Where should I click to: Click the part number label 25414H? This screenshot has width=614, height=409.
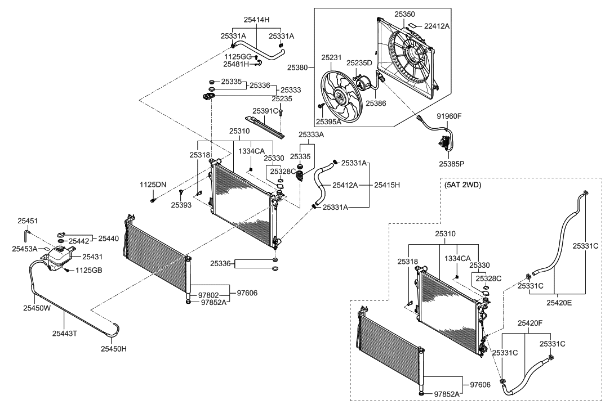point(257,19)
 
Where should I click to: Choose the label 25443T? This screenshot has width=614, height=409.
point(65,333)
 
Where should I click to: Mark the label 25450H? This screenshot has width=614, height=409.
point(114,349)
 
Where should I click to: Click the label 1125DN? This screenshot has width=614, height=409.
point(153,185)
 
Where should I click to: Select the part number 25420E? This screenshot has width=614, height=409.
point(559,303)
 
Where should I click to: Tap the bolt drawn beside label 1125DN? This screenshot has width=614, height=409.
point(153,199)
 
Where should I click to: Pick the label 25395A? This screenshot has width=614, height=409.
point(328,122)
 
